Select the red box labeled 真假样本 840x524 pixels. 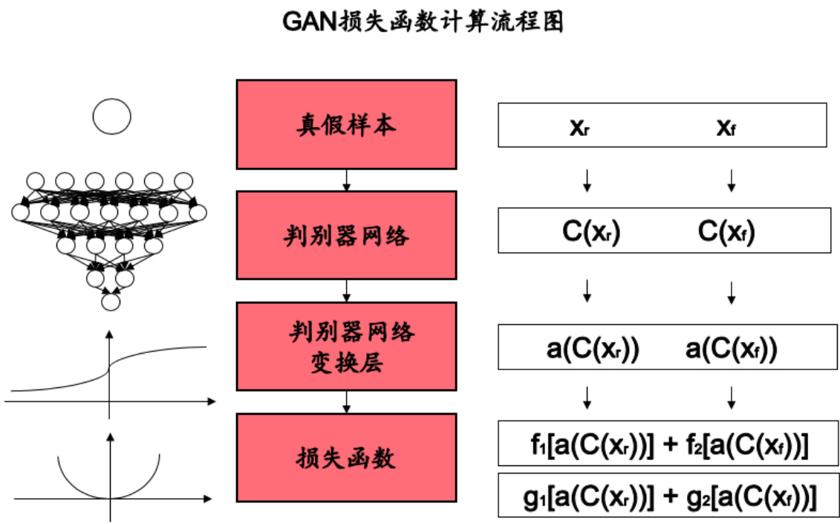coord(346,124)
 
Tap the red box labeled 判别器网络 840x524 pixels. coord(346,235)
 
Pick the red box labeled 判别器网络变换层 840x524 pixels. coord(346,346)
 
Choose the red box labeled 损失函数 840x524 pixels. coord(346,457)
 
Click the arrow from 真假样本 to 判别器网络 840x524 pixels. coord(346,180)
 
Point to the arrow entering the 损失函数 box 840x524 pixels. coord(346,401)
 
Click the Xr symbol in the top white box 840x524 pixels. coord(579,127)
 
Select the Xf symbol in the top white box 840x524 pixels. coord(726,127)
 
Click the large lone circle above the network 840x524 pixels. coord(111,117)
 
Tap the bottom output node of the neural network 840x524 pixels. coord(111,302)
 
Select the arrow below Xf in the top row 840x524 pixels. coord(732,179)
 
